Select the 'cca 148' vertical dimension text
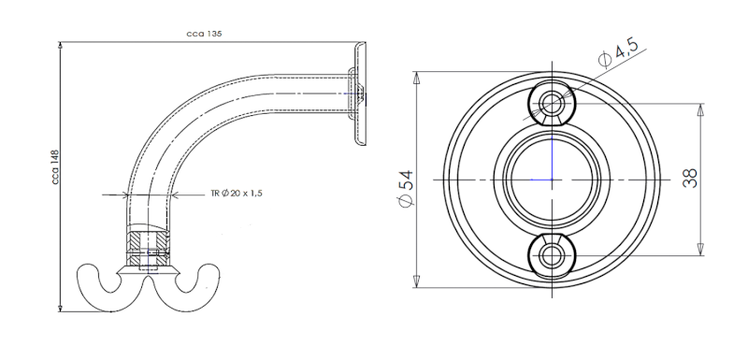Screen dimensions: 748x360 (55, 167)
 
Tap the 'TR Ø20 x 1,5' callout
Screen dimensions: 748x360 (237, 194)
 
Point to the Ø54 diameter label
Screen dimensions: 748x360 (406, 188)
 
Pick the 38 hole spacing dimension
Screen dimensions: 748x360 (690, 178)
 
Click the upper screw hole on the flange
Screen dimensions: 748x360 (552, 103)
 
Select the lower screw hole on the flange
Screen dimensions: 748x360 (552, 255)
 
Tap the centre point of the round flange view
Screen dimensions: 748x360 (552, 180)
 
